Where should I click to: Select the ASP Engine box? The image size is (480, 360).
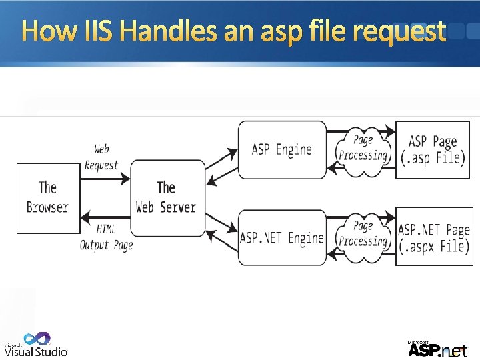[x=282, y=149]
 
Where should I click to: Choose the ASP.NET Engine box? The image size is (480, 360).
[x=282, y=238]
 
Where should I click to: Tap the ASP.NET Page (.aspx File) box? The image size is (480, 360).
[x=434, y=237]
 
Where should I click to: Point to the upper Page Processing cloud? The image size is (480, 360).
[x=363, y=147]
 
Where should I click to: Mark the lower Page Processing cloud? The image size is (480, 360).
[x=363, y=234]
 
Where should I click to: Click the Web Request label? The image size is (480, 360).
[x=101, y=157]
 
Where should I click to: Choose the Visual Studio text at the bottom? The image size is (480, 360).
[x=37, y=351]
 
